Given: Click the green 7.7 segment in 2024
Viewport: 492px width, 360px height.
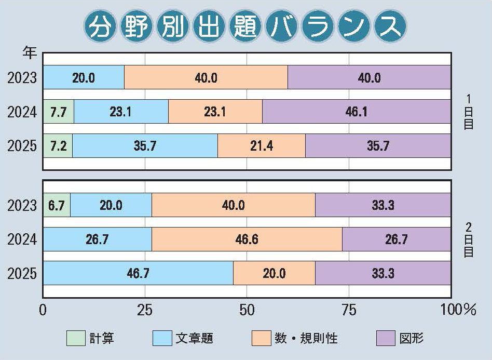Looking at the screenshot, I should [x=59, y=112].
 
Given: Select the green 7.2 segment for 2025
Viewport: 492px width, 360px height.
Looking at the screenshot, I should [x=58, y=146].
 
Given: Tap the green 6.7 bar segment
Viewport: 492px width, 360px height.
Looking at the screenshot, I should [x=57, y=205].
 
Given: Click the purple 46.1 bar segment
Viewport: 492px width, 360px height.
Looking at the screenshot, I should [x=356, y=112].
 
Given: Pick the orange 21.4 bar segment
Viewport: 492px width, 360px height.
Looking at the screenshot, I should [x=261, y=146].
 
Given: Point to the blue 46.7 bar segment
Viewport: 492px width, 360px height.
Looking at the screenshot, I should [x=138, y=273].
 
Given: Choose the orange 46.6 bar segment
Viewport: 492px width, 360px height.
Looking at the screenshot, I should [x=247, y=239].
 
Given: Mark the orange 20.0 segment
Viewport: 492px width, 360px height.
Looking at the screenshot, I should [x=274, y=273].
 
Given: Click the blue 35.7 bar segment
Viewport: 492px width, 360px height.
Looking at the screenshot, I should [x=145, y=146].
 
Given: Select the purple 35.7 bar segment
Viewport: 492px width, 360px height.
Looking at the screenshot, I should [x=378, y=146].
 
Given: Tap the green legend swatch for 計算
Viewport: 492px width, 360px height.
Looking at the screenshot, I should [x=76, y=339].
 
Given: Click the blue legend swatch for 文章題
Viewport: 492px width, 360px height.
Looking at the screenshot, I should [x=162, y=339].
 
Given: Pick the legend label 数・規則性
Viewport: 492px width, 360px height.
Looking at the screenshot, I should [x=306, y=339].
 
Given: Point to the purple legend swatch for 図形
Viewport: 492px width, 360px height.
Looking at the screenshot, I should [x=385, y=339].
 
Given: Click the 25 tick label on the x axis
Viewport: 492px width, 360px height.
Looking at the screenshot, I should [x=144, y=310].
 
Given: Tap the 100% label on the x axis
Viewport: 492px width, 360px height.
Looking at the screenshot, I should [x=458, y=310].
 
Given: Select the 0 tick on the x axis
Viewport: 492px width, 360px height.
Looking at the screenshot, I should [x=43, y=310].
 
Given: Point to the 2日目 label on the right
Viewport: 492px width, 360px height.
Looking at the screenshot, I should [x=468, y=239].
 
